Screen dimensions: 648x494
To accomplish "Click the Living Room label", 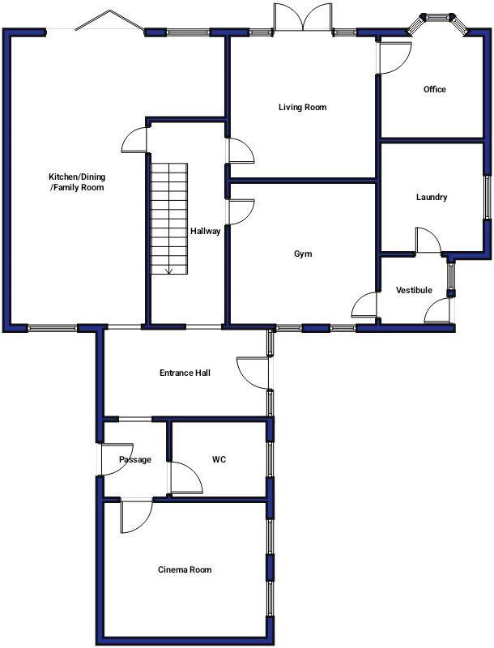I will [x=302, y=107].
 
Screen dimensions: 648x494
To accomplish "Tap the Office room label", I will [x=434, y=89].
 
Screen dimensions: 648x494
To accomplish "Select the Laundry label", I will [x=431, y=197].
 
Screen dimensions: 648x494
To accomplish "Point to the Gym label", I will [x=303, y=254].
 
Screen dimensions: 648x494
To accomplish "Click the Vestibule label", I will [x=414, y=290].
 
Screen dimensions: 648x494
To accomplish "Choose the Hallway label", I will [x=205, y=231].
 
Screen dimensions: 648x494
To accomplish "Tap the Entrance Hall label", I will [x=185, y=373].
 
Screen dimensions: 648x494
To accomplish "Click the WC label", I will [x=219, y=459].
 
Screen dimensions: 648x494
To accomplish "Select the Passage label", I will [x=134, y=459].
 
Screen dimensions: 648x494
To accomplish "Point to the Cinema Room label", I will [x=184, y=569].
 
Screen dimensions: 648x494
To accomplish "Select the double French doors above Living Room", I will [x=302, y=18].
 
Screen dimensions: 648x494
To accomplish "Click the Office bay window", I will [x=441, y=20].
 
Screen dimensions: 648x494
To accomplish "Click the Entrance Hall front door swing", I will [x=253, y=372].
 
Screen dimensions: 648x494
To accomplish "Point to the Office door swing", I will [x=395, y=58].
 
